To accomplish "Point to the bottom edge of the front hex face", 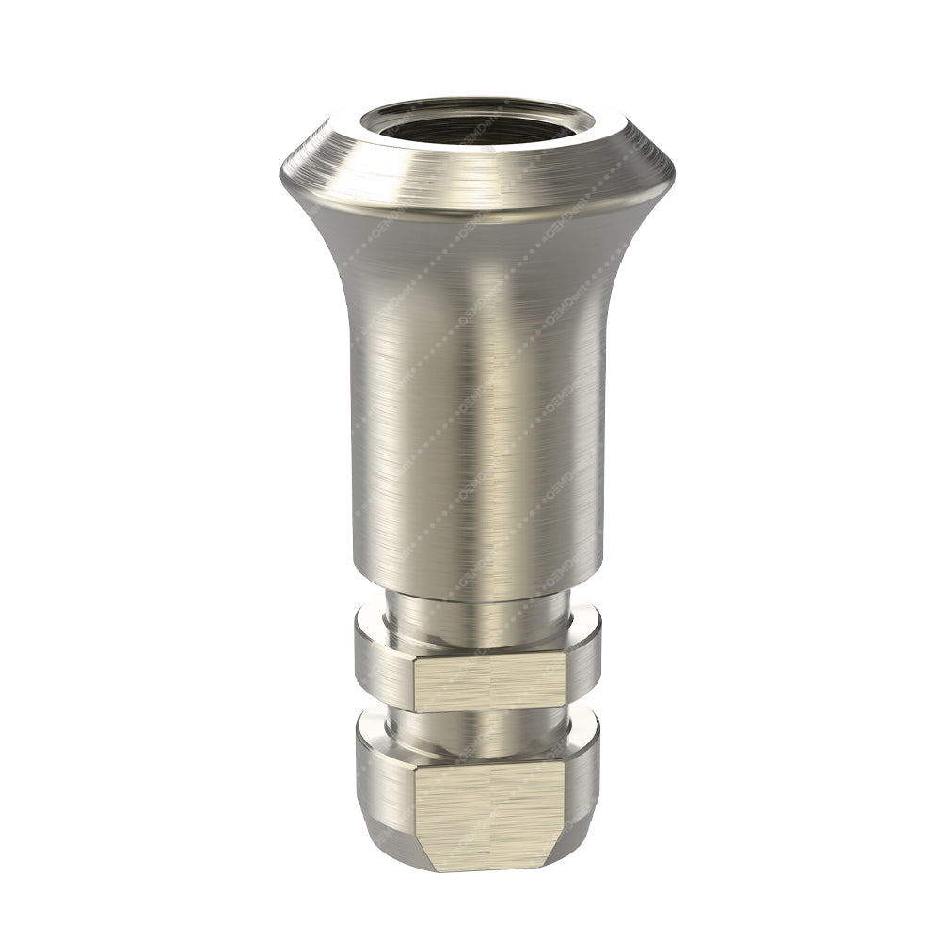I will (488, 869).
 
